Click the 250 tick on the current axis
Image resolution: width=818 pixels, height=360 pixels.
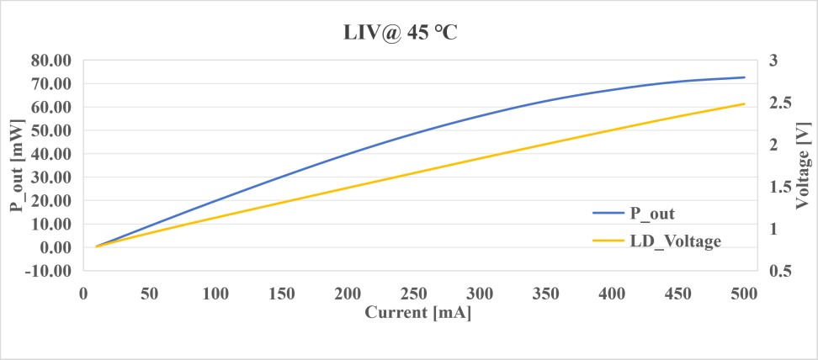pyautogui.click(x=414, y=293)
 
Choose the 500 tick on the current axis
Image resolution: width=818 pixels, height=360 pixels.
pyautogui.click(x=745, y=293)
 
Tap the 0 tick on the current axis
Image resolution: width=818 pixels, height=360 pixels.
pyautogui.click(x=83, y=293)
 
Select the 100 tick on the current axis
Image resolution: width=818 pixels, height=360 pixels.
pyautogui.click(x=215, y=293)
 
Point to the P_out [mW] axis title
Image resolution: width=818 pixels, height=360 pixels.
pyautogui.click(x=17, y=166)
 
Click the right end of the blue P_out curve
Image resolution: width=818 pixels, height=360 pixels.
pyautogui.click(x=745, y=77)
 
